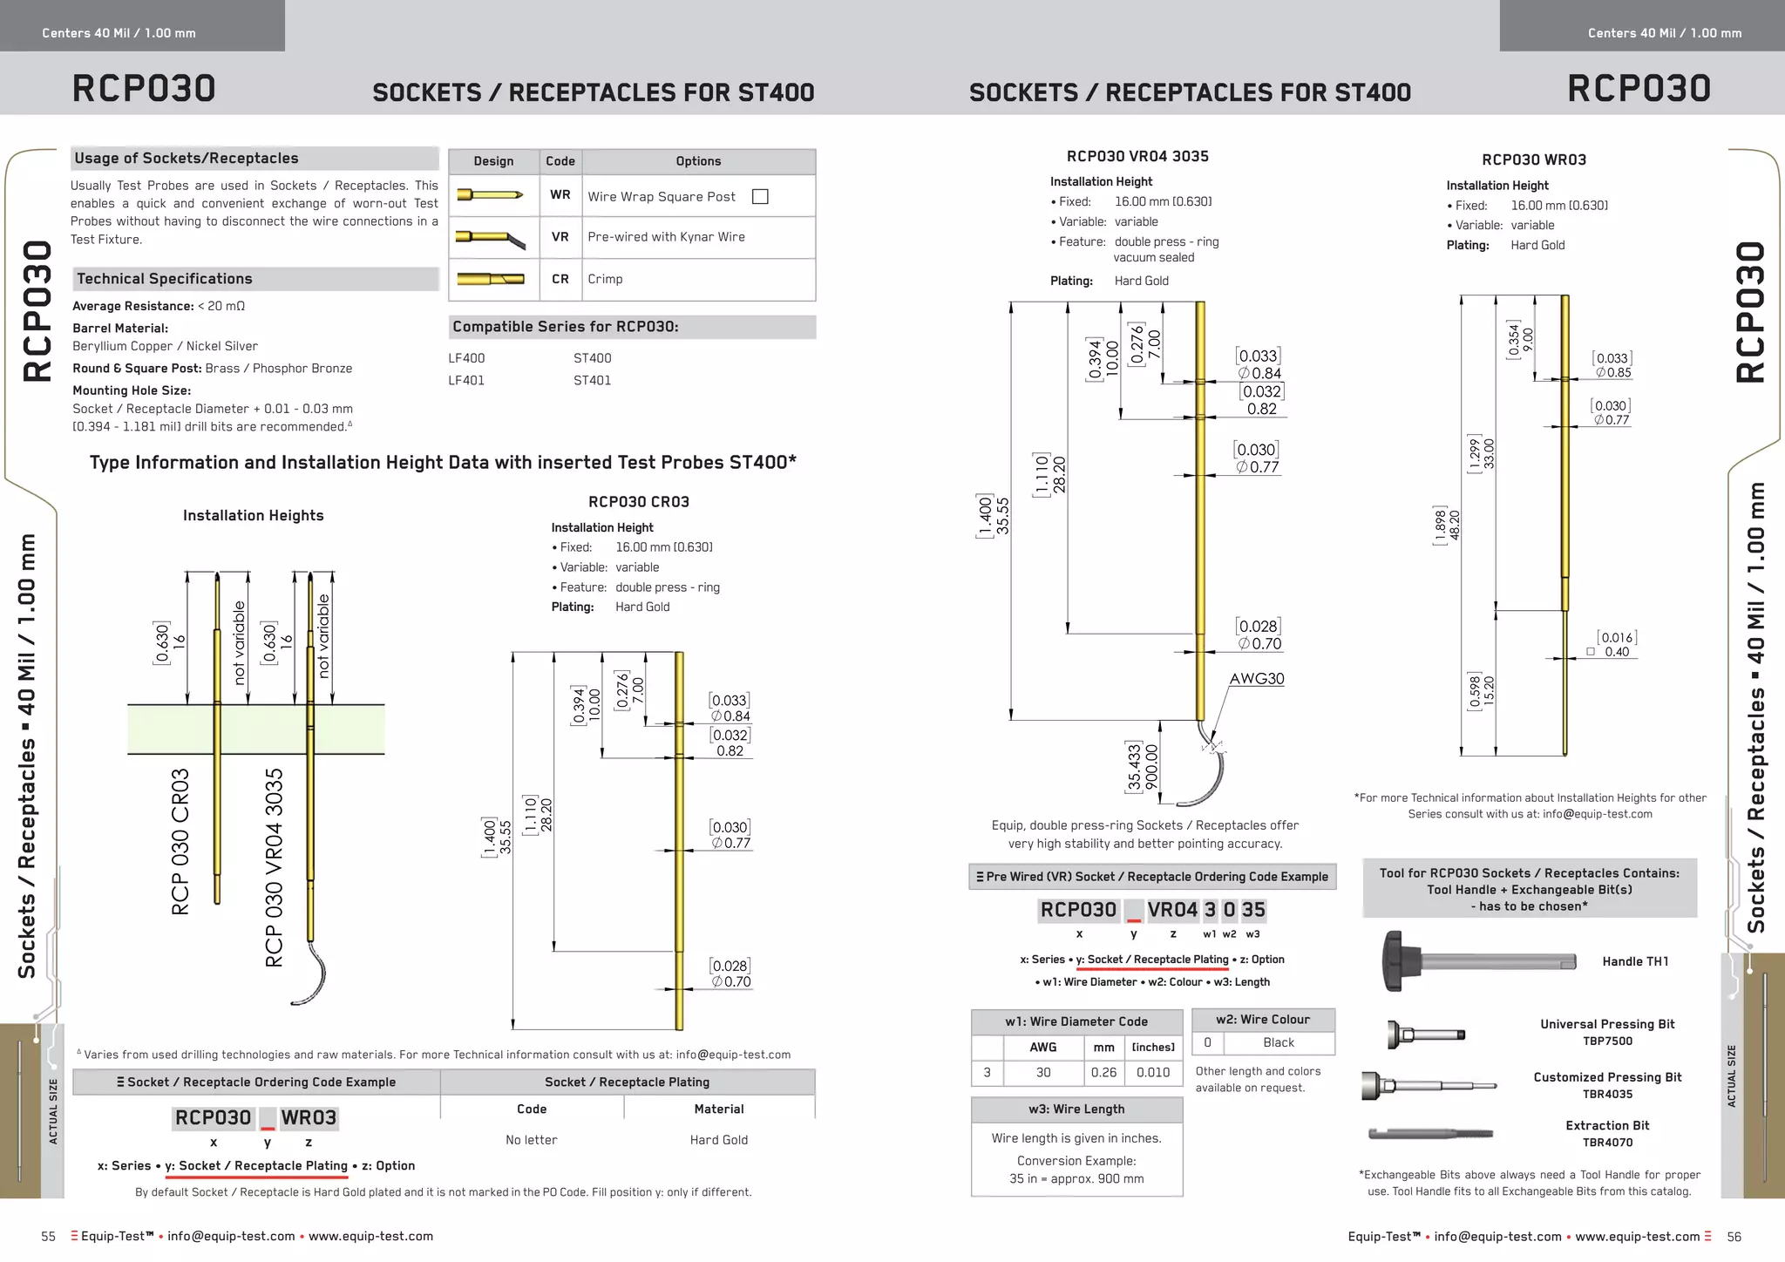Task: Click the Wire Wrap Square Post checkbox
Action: (760, 197)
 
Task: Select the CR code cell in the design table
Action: (560, 279)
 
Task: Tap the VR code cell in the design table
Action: (560, 237)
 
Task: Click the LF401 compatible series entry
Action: (466, 380)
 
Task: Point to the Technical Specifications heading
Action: (165, 279)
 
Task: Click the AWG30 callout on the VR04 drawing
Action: (1256, 679)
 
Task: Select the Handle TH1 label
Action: (1635, 961)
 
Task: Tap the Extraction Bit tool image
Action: (1429, 1134)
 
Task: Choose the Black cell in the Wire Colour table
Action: (1278, 1042)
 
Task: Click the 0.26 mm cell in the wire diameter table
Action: (1103, 1073)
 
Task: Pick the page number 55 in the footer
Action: (49, 1237)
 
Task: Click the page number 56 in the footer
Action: (1734, 1237)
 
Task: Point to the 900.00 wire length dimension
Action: (1151, 767)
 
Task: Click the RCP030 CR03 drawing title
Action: (639, 502)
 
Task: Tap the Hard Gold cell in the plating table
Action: (718, 1140)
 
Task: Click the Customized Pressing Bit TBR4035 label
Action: (1607, 1085)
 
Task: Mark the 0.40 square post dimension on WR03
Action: (1616, 652)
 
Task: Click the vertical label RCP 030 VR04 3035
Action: (275, 867)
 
